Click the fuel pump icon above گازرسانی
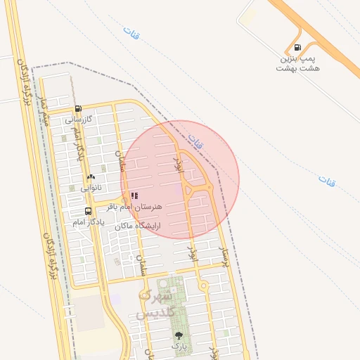(77, 109)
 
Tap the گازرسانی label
(79, 120)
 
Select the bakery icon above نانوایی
(91, 177)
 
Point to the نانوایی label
(90, 188)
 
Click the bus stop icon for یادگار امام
(88, 210)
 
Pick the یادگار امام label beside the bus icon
(88, 221)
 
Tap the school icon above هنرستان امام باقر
(134, 196)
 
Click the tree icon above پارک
(178, 335)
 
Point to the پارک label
(180, 346)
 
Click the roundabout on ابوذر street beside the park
(203, 286)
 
